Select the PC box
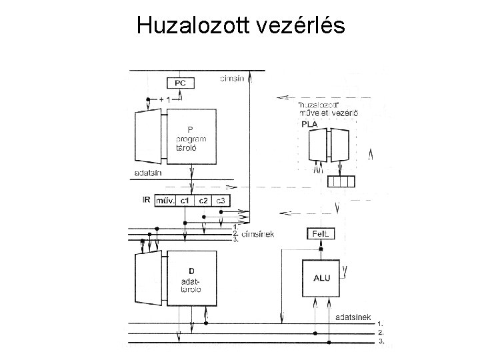[x=181, y=83]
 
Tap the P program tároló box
[x=191, y=137]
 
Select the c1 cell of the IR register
[x=187, y=200]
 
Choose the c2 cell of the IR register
[x=205, y=200]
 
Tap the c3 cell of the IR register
[x=223, y=200]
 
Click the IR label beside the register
[x=146, y=199]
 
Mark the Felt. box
[x=319, y=234]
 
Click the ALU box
[x=321, y=278]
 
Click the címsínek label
[x=259, y=234]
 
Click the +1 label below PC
[x=164, y=99]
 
